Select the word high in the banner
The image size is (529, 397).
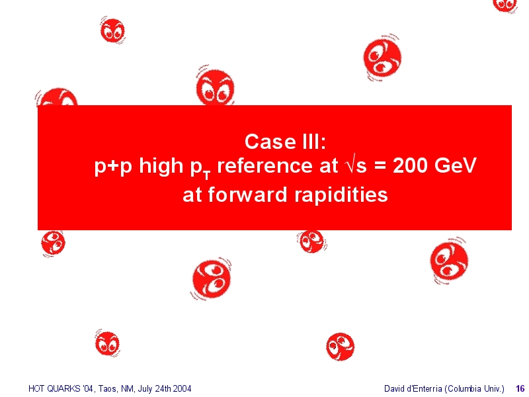161,166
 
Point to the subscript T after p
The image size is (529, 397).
207,175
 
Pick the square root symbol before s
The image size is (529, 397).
350,165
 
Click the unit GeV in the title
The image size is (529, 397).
455,165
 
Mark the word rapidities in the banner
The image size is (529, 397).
341,195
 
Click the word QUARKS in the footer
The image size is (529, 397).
63,389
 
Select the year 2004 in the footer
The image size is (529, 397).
182,389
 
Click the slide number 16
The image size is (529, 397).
520,389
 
